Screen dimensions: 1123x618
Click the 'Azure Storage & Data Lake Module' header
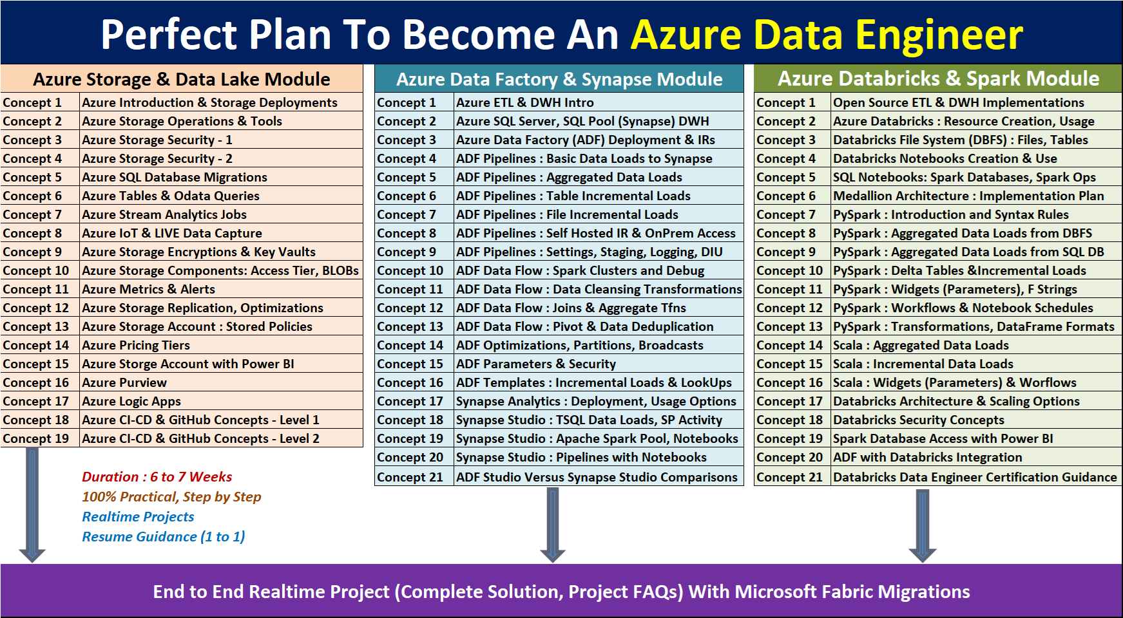point(182,79)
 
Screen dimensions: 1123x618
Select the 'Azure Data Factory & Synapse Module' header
point(559,79)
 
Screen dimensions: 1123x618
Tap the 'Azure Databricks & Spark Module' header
point(938,79)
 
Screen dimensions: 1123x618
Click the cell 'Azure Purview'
point(124,382)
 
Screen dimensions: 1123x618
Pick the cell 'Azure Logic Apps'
point(131,401)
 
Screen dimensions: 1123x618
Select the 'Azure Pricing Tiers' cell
point(136,345)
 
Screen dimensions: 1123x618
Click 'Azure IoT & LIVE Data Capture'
point(172,233)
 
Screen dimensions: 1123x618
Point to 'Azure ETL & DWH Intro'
point(525,102)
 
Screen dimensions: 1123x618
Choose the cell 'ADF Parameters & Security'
point(536,364)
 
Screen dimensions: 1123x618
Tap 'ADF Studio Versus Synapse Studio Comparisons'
point(597,477)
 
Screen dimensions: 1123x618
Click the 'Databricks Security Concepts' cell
point(919,420)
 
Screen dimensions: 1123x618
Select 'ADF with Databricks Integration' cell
point(928,457)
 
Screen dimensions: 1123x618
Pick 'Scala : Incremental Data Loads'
point(923,364)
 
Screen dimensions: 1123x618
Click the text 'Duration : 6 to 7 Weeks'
point(157,477)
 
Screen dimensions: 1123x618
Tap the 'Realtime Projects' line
point(138,517)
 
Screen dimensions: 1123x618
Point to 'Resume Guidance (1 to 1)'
point(164,537)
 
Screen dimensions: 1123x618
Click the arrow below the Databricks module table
point(923,525)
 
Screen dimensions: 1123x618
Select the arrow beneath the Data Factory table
point(553,525)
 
